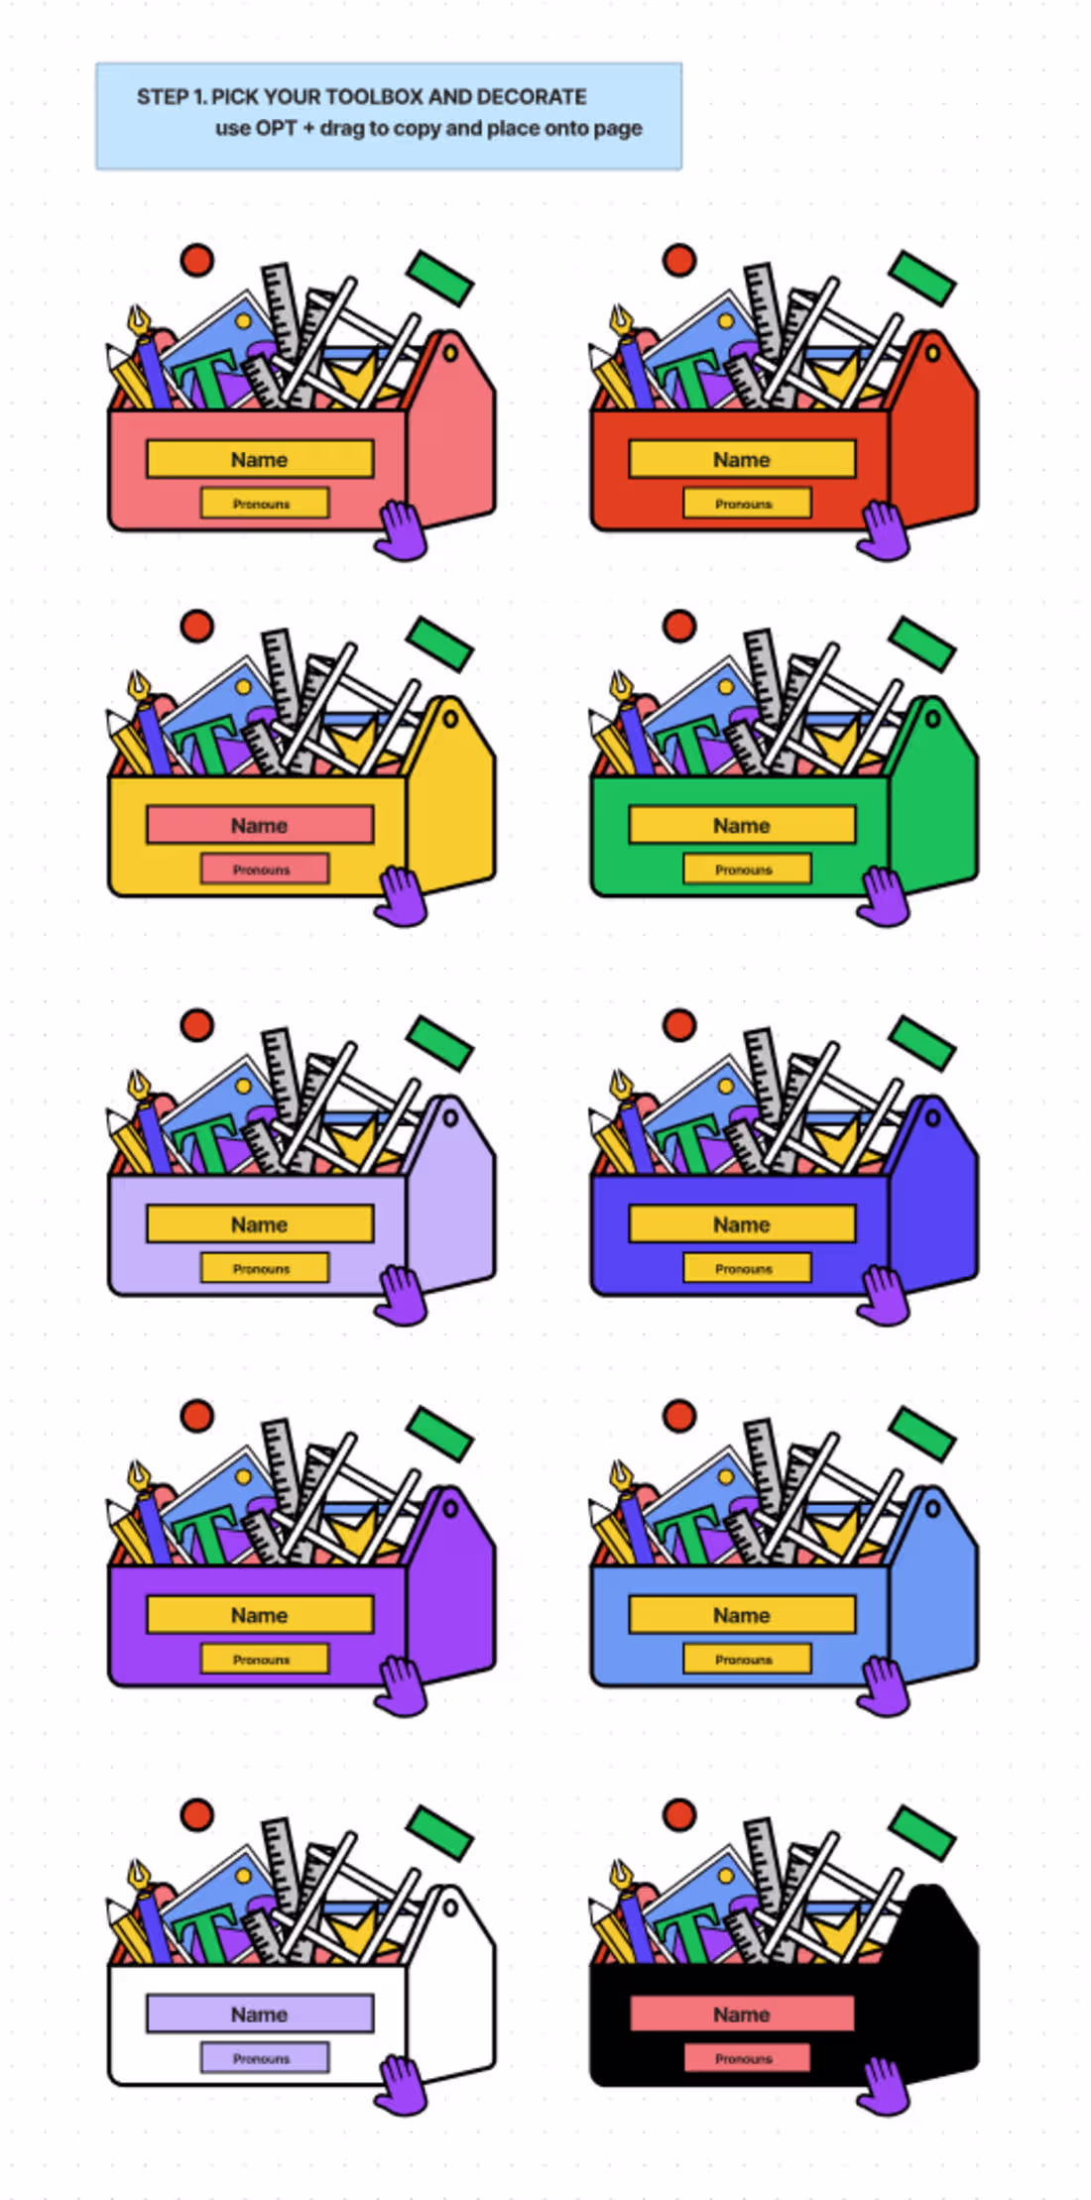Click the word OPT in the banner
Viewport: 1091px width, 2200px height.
coord(277,128)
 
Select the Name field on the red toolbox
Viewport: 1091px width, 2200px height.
coord(742,459)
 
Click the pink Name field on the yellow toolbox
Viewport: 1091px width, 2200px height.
coord(260,825)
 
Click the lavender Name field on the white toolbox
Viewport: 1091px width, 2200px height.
coord(260,2014)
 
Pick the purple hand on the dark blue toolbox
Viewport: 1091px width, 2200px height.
coord(883,1295)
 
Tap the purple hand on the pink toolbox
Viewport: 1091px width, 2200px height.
coord(401,530)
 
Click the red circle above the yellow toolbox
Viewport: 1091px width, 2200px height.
coord(197,626)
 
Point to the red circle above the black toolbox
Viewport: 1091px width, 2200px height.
coord(679,1814)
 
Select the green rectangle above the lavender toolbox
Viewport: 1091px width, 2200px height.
coord(439,1043)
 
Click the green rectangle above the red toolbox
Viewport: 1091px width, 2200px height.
coord(921,278)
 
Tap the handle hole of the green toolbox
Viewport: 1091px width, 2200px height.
coord(932,718)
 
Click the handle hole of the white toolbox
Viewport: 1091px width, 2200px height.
coord(450,1907)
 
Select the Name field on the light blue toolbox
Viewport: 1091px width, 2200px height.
coord(742,1615)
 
